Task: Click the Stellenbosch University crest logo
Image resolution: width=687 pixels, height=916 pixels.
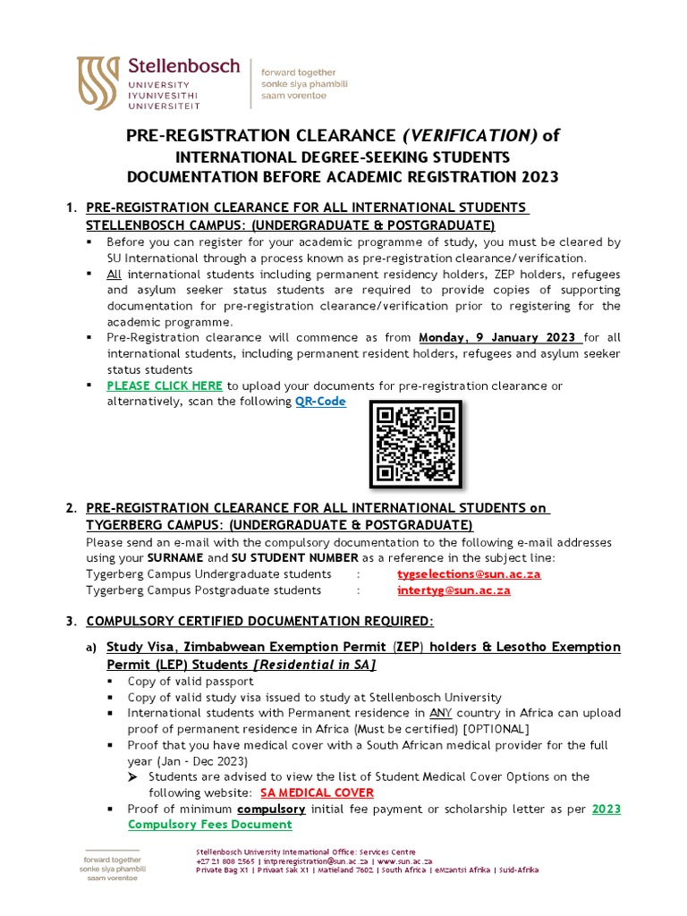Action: click(x=98, y=83)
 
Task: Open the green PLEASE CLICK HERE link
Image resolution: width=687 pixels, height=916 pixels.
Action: click(x=165, y=386)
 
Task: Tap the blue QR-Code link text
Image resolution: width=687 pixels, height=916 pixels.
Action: click(x=320, y=402)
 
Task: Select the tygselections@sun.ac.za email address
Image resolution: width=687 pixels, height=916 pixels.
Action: click(x=469, y=574)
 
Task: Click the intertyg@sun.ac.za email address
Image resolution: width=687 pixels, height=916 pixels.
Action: click(x=454, y=590)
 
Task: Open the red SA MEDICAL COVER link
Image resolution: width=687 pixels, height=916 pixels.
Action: click(x=317, y=793)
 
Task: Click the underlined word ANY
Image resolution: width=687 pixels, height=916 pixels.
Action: click(x=440, y=713)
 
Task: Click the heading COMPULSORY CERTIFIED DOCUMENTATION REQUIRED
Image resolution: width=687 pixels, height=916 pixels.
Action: click(x=259, y=621)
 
